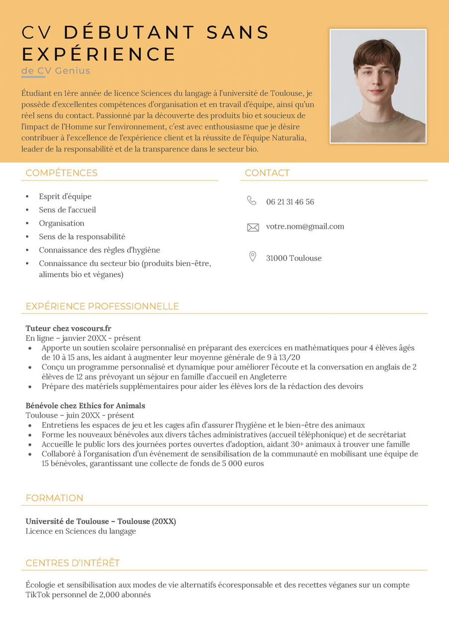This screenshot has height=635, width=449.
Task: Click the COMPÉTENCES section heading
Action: click(x=62, y=173)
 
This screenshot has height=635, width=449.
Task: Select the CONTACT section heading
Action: click(x=267, y=173)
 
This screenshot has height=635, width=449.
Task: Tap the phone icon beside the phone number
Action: click(x=252, y=200)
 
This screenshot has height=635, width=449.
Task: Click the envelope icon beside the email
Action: click(x=253, y=227)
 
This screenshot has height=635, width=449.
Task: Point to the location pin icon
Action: click(x=252, y=256)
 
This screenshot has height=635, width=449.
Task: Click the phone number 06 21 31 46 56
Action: click(x=290, y=202)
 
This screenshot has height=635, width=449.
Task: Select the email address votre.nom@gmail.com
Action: click(x=305, y=227)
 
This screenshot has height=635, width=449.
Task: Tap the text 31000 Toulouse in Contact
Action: click(x=294, y=258)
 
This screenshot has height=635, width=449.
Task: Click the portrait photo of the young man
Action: click(x=378, y=86)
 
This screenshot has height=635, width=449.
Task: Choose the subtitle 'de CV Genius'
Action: click(x=56, y=70)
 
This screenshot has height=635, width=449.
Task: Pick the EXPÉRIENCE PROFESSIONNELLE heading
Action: click(x=102, y=307)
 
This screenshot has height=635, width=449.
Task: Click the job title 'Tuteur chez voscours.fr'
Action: click(x=69, y=328)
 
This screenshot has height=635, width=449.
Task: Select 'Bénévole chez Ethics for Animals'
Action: click(x=85, y=406)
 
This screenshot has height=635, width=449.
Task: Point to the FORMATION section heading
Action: click(x=55, y=498)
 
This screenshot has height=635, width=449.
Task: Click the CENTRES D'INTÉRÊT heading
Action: click(x=73, y=563)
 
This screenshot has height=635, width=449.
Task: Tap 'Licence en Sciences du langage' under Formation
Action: click(x=80, y=531)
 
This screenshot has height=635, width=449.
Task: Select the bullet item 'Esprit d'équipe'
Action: click(x=65, y=196)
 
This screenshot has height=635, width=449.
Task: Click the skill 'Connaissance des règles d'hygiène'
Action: click(x=99, y=250)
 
